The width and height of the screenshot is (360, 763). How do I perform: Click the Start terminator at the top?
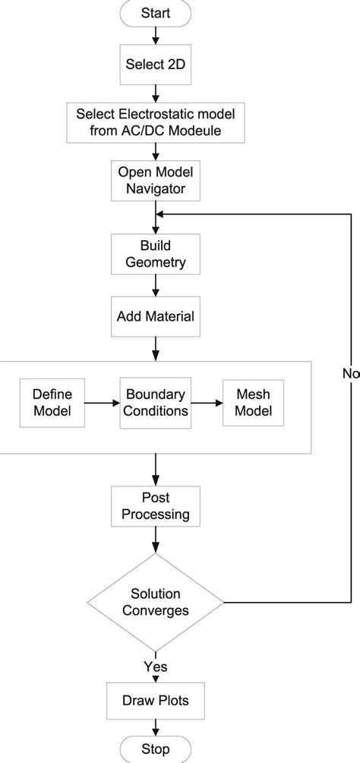coord(156,13)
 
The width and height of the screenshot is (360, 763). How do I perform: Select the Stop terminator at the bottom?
coord(156,749)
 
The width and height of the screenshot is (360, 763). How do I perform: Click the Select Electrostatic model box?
coord(156,122)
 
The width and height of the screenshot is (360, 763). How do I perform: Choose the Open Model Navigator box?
coord(156,180)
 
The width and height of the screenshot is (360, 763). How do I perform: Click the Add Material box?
coord(156,315)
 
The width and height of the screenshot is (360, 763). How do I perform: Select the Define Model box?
coord(52,403)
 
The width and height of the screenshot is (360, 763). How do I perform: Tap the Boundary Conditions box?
coord(156,403)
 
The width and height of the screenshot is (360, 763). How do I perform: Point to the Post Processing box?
coord(156,505)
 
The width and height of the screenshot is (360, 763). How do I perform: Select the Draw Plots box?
coord(156,698)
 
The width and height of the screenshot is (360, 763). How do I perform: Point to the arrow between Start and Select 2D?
coord(156,35)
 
